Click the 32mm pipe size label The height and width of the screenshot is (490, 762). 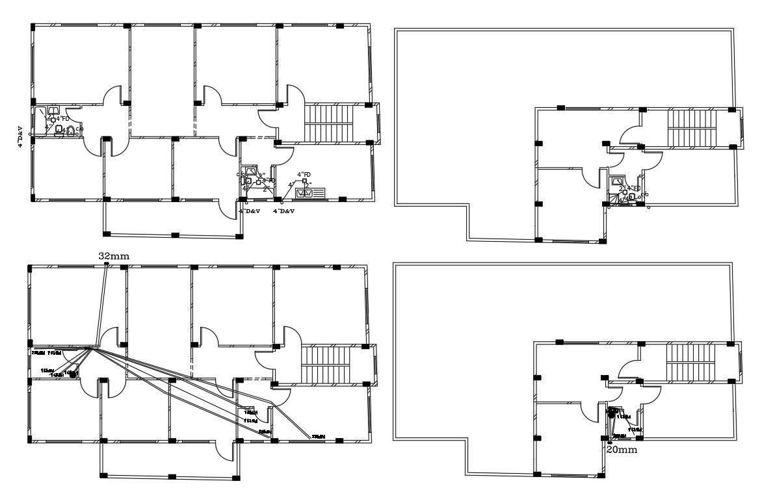[x=114, y=257]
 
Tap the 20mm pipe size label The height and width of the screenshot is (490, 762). [x=621, y=448]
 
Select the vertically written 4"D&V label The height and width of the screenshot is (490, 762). [x=21, y=136]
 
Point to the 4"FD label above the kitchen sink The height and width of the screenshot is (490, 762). [x=304, y=175]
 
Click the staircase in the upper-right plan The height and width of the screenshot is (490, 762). [x=692, y=127]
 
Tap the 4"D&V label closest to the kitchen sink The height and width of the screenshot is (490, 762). [x=284, y=211]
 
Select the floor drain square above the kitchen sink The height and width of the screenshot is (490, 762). [x=304, y=181]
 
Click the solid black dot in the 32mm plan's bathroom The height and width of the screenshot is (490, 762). [x=73, y=374]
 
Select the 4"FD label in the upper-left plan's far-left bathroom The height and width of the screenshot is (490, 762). [x=62, y=119]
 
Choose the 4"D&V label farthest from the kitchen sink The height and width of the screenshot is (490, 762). [x=21, y=136]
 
